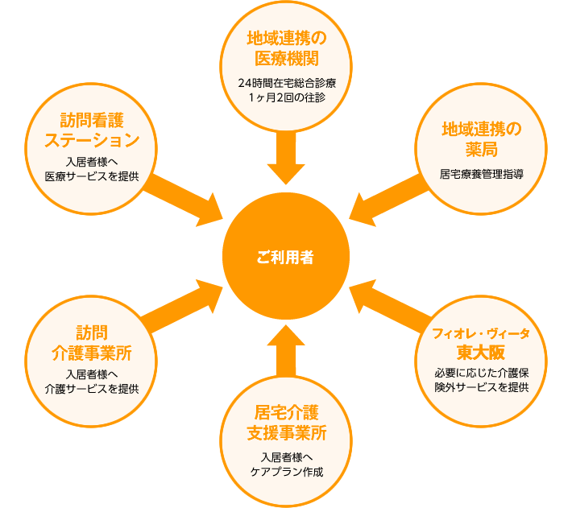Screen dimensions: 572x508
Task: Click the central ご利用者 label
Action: pyautogui.click(x=285, y=258)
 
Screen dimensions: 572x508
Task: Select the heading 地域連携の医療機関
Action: pyautogui.click(x=287, y=48)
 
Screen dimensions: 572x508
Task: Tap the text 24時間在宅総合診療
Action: pyautogui.click(x=287, y=83)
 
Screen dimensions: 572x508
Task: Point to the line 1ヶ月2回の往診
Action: pyautogui.click(x=287, y=97)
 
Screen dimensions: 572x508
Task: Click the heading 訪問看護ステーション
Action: pyautogui.click(x=92, y=130)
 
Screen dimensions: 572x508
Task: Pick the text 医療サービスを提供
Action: pyautogui.click(x=92, y=176)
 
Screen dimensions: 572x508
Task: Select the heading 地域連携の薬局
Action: pyautogui.click(x=482, y=139)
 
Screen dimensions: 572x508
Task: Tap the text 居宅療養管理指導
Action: pyautogui.click(x=482, y=174)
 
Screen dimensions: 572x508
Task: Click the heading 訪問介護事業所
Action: pyautogui.click(x=92, y=343)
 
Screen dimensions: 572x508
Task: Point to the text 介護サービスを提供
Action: pyautogui.click(x=92, y=389)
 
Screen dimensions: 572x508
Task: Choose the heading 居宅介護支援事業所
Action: pyautogui.click(x=287, y=423)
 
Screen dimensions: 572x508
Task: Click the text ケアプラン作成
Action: pyautogui.click(x=287, y=472)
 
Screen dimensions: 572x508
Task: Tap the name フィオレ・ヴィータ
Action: pyautogui.click(x=481, y=333)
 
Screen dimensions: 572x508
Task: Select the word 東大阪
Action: pyautogui.click(x=481, y=352)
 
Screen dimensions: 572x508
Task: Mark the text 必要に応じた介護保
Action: pyautogui.click(x=482, y=373)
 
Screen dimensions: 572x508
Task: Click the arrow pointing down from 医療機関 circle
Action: pyautogui.click(x=286, y=158)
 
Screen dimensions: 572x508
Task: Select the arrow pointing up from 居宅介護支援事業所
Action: pyautogui.click(x=286, y=350)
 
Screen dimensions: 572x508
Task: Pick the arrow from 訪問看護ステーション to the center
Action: pyautogui.click(x=183, y=200)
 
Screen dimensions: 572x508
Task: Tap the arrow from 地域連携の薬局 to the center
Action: pyautogui.click(x=389, y=200)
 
